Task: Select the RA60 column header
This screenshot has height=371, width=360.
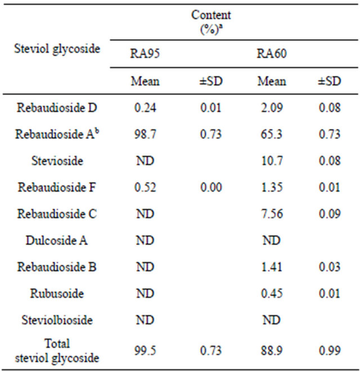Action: [272, 54]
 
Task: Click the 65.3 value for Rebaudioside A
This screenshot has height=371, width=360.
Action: [272, 134]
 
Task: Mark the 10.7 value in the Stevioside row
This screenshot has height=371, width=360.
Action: [272, 161]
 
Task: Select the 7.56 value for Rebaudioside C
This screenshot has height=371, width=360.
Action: [272, 214]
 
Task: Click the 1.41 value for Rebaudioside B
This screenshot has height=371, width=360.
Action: [272, 268]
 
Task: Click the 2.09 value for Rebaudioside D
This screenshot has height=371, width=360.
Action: [272, 107]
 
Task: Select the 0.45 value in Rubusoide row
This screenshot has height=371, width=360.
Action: [272, 294]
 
